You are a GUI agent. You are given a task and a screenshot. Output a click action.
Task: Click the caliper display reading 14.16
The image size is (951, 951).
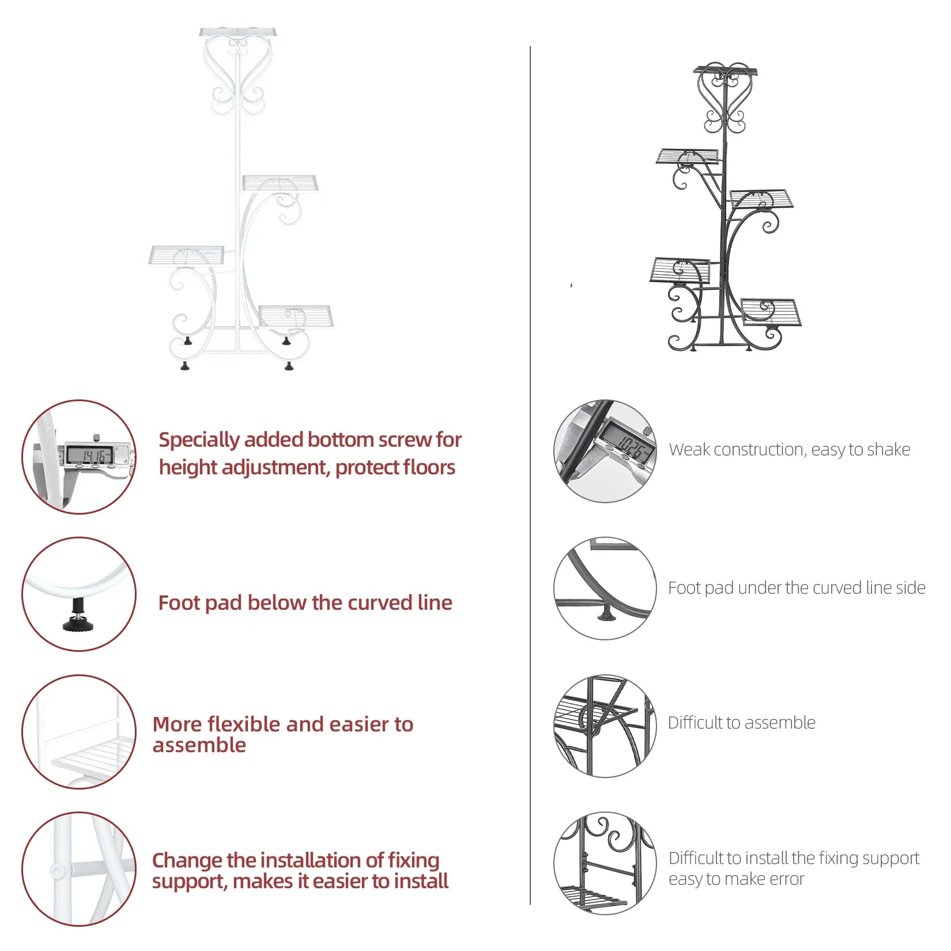(89, 455)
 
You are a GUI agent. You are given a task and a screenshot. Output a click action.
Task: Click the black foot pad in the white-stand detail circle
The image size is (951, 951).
(77, 616)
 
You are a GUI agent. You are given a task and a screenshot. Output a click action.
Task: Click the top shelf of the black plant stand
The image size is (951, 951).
(725, 71)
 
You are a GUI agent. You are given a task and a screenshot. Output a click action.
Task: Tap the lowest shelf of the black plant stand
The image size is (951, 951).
(771, 312)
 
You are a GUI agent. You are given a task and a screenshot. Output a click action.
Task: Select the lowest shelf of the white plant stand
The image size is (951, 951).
(296, 316)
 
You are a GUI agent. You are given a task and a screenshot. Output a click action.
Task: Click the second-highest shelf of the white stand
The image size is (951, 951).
(280, 183)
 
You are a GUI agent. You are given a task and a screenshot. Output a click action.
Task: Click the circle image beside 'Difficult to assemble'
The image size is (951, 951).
(605, 726)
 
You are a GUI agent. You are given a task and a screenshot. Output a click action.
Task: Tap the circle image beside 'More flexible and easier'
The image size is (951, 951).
(79, 731)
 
